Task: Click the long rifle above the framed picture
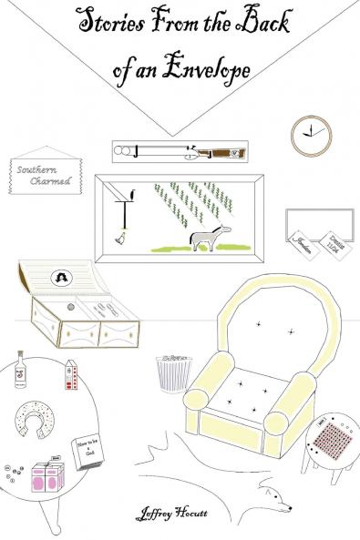coord(180,150)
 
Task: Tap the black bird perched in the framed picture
coord(134,192)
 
